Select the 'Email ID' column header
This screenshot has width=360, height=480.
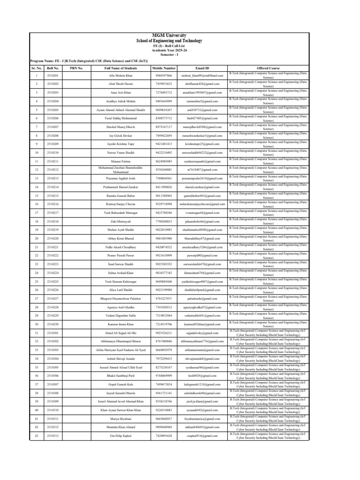tap(202, 68)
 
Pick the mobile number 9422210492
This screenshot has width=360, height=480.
tap(162, 152)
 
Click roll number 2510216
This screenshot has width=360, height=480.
tap(53, 204)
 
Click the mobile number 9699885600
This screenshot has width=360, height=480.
tap(162, 281)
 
